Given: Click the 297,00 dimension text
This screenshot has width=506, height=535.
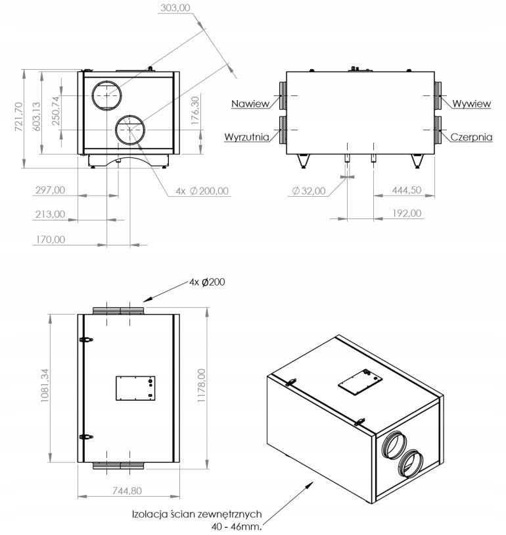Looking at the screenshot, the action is coord(50,190).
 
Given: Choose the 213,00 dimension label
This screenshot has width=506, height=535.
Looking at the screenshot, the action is coord(50,214).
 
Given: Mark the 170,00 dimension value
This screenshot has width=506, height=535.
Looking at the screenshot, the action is coord(50,239).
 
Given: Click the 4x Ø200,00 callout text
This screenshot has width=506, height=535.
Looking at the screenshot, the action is coord(202,191).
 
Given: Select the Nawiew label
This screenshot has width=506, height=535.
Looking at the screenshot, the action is coord(248,103).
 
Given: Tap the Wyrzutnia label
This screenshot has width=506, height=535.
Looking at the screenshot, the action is coord(244,137).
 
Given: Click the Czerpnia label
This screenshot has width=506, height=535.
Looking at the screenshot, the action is coord(472,137).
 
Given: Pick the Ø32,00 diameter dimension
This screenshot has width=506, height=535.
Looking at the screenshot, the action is coord(309,191).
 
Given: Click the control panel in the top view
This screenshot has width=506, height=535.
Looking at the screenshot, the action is coord(135,388).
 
